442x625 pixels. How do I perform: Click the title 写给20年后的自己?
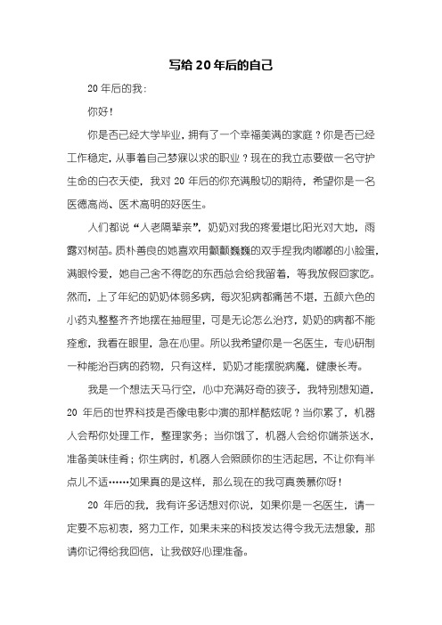click(x=220, y=65)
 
